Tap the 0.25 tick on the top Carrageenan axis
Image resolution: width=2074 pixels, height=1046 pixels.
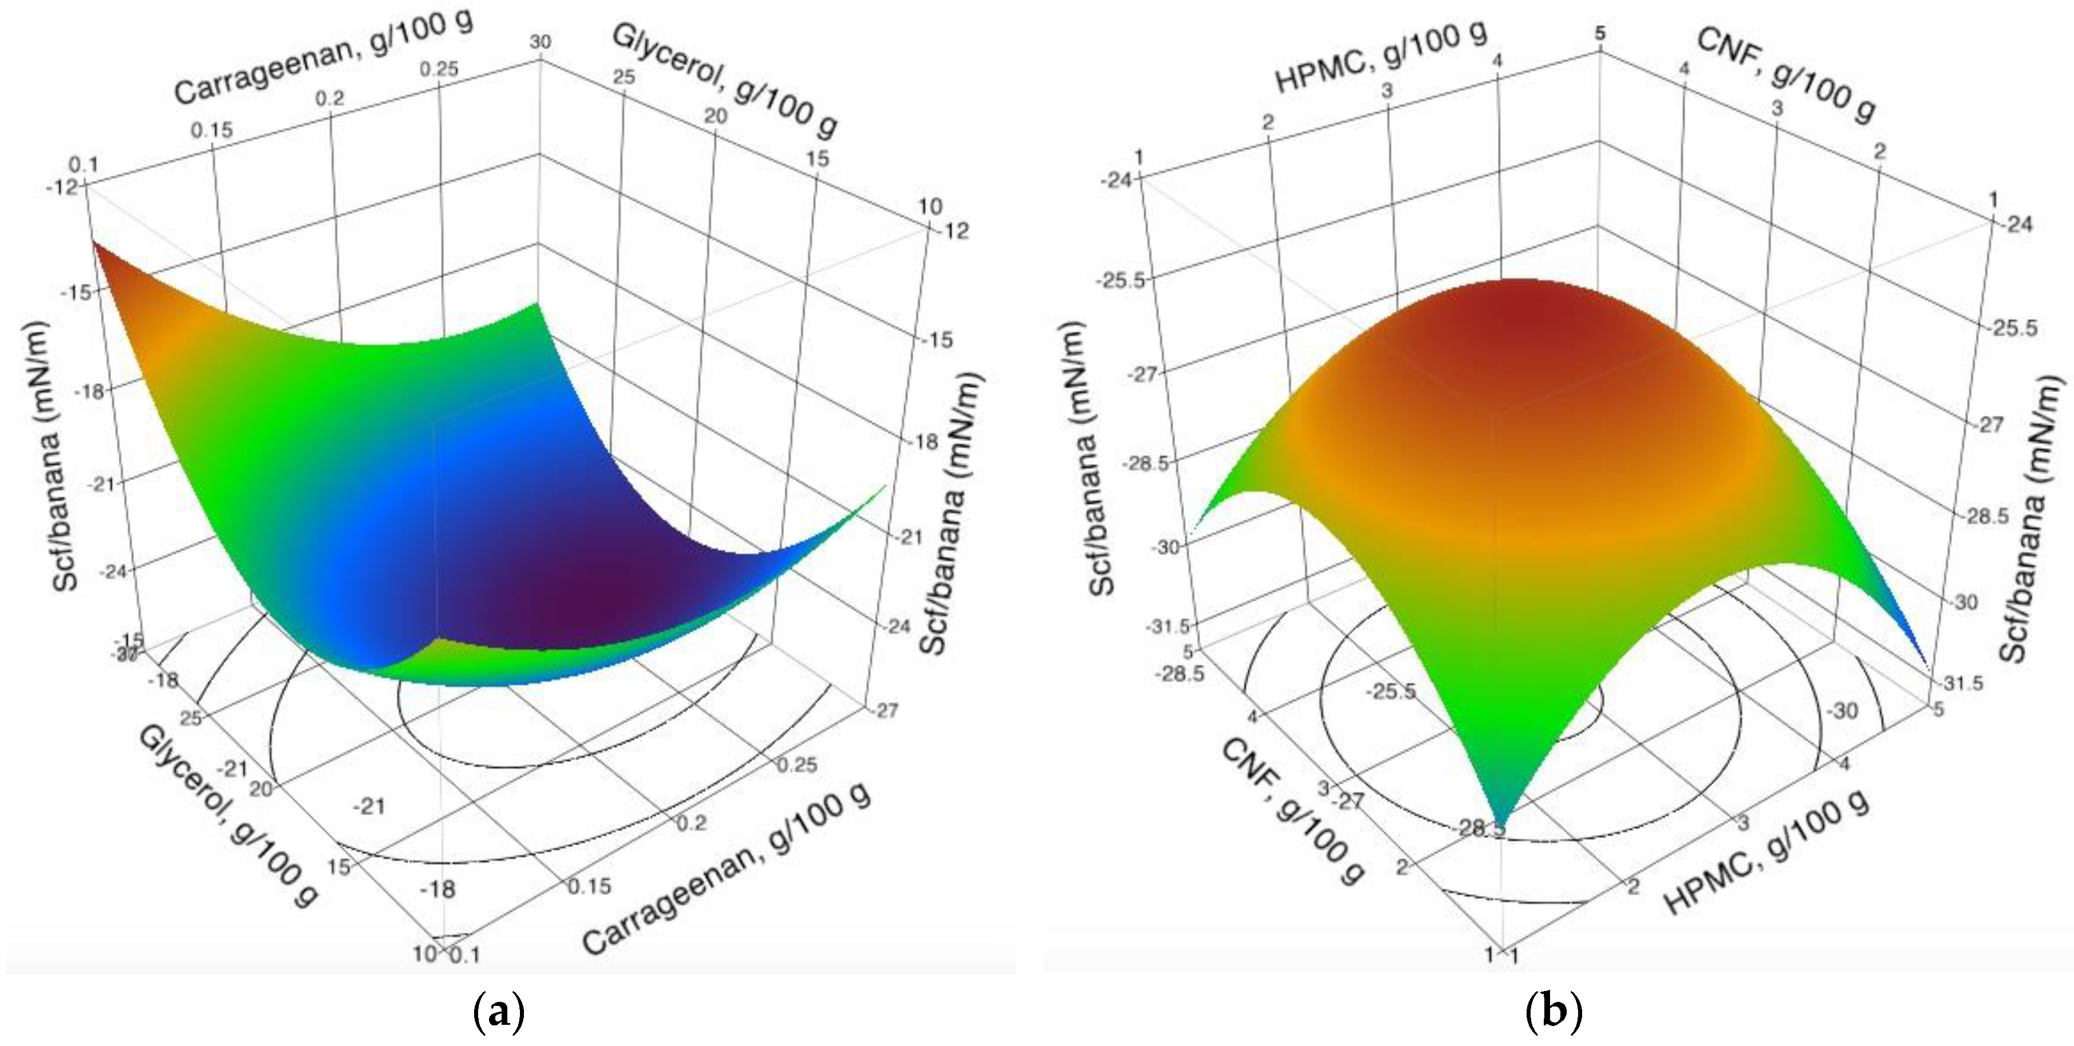439,69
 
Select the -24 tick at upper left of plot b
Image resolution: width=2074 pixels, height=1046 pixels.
1114,179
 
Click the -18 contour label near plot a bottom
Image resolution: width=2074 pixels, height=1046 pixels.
437,889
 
